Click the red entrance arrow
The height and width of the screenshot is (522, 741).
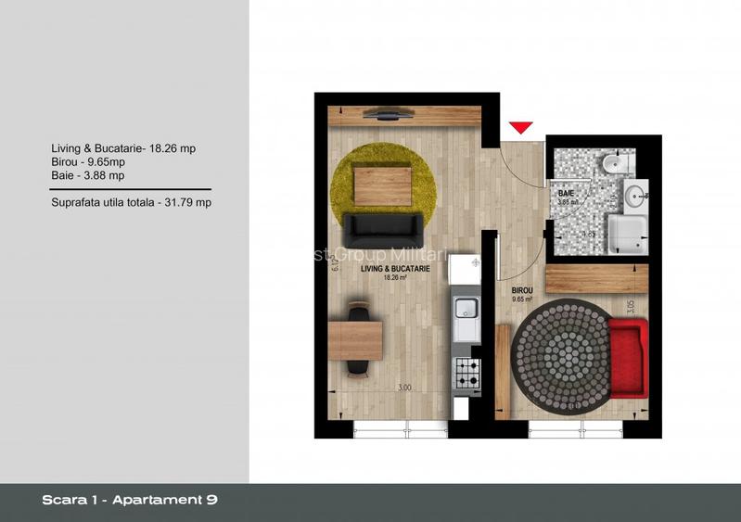click(x=521, y=127)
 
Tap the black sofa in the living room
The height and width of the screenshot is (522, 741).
click(x=382, y=225)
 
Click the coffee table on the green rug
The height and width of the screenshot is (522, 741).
click(x=383, y=185)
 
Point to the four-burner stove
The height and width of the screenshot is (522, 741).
click(x=466, y=374)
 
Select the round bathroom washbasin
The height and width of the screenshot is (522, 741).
click(x=635, y=197)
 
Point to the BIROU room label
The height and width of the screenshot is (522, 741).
click(x=523, y=289)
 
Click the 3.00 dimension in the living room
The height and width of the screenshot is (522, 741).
click(x=404, y=388)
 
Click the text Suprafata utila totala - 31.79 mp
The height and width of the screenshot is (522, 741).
click(x=132, y=201)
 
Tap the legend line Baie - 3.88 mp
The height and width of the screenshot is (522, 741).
click(x=88, y=174)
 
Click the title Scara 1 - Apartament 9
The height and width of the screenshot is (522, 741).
click(x=130, y=501)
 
